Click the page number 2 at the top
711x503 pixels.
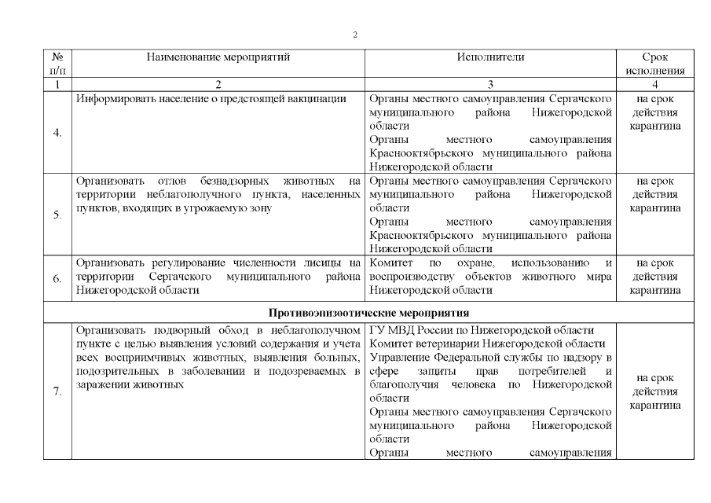click(355, 35)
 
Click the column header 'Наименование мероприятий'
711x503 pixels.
click(218, 57)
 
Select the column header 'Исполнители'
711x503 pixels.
click(490, 57)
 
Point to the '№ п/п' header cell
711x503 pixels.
click(57, 64)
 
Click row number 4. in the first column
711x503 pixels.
click(57, 132)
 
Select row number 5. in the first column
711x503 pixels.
click(57, 215)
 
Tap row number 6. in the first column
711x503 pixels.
click(57, 278)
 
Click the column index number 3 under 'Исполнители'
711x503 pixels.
click(490, 83)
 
